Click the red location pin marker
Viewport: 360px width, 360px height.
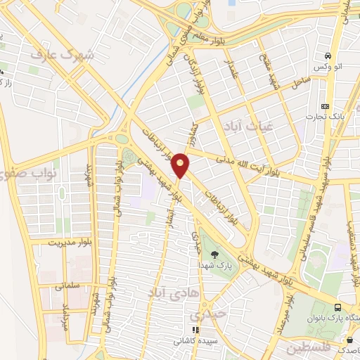[181, 165]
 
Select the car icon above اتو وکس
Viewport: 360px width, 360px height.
[328, 56]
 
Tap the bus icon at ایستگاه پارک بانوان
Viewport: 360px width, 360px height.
[338, 308]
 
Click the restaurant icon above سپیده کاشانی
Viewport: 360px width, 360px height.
[196, 329]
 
